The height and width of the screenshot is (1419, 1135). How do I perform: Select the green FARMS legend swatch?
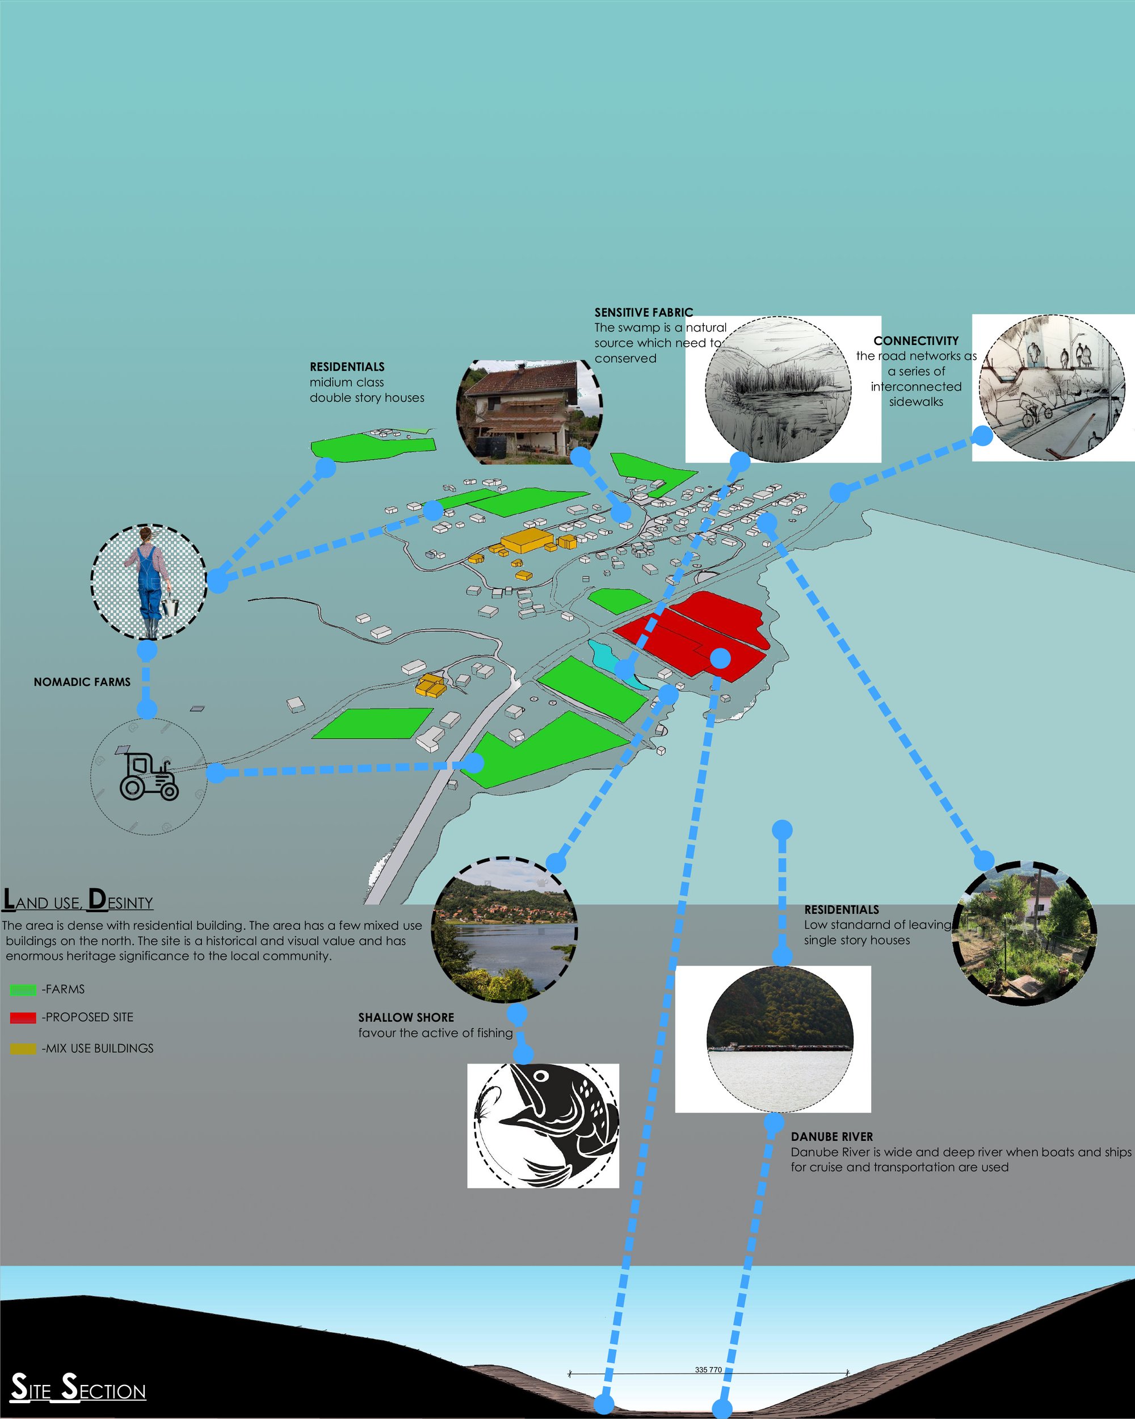23,989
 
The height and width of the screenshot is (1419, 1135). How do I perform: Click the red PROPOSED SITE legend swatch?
23,1018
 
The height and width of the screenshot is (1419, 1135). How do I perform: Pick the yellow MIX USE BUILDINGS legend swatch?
23,1048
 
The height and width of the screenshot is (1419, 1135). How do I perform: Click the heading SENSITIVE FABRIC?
644,313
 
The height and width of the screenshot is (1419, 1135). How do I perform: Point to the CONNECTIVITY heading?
916,341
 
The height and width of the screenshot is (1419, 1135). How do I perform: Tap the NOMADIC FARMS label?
82,682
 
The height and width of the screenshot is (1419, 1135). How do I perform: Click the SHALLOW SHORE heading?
406,1018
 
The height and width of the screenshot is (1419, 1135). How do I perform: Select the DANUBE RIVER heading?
832,1137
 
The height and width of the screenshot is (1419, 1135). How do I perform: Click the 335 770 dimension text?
708,1365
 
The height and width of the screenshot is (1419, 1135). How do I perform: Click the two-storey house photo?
529,409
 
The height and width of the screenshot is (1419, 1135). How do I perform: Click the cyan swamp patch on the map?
612,661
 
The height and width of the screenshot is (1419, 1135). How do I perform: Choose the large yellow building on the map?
527,541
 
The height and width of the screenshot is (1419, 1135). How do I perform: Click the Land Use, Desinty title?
78,900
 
